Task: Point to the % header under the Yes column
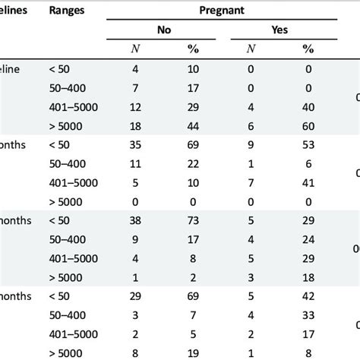click(x=308, y=49)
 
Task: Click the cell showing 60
click(x=308, y=125)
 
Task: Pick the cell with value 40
click(x=308, y=106)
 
